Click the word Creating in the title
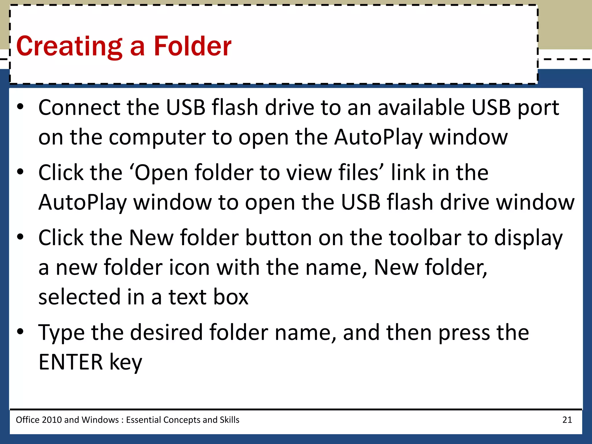click(69, 46)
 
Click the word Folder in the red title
click(193, 46)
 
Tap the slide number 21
click(567, 420)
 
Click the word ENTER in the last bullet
click(71, 362)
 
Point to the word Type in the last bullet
click(61, 332)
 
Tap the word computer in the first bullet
click(157, 137)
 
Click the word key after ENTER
click(126, 362)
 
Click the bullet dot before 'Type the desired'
click(20, 331)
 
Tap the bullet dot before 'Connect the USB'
click(20, 107)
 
